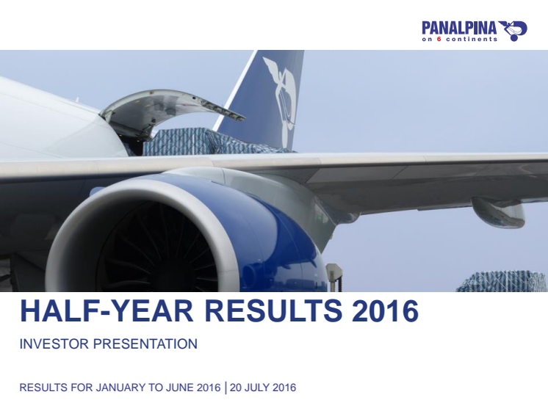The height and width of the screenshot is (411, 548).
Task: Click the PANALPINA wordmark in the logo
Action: [459, 28]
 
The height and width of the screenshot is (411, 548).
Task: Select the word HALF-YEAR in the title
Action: [107, 310]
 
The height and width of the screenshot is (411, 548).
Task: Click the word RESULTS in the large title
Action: [275, 310]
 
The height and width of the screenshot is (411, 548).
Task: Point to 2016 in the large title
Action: [385, 310]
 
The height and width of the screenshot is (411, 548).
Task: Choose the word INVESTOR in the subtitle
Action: [54, 344]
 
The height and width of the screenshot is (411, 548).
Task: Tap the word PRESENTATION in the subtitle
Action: [145, 344]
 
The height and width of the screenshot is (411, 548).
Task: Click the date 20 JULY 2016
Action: [263, 388]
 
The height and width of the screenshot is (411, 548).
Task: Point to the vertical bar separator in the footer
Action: [226, 388]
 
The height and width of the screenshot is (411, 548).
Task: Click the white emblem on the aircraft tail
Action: [281, 101]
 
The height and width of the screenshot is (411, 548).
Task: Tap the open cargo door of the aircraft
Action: [167, 106]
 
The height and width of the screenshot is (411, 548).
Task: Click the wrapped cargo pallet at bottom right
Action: [502, 281]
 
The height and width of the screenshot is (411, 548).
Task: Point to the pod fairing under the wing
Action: [498, 211]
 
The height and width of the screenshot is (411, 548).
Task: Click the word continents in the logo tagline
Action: [472, 39]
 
